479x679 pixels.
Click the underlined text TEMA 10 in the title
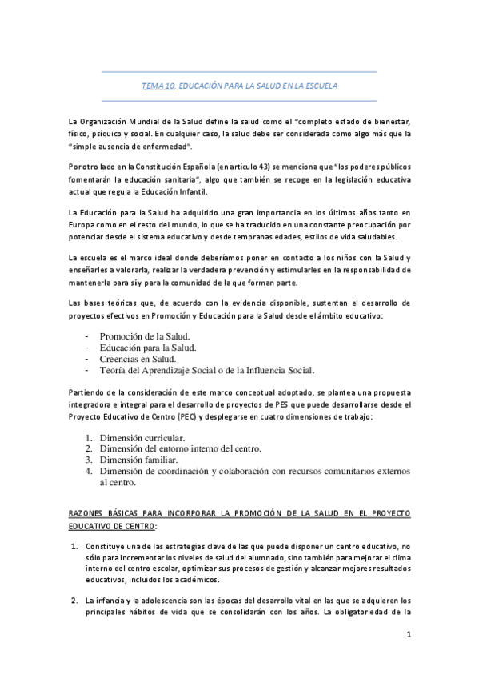(158, 85)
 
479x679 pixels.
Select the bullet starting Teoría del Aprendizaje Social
(207, 371)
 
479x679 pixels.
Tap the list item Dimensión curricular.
(142, 438)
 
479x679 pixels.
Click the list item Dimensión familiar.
(139, 460)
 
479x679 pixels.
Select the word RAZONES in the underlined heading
(87, 513)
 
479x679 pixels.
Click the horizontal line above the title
(239, 72)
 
